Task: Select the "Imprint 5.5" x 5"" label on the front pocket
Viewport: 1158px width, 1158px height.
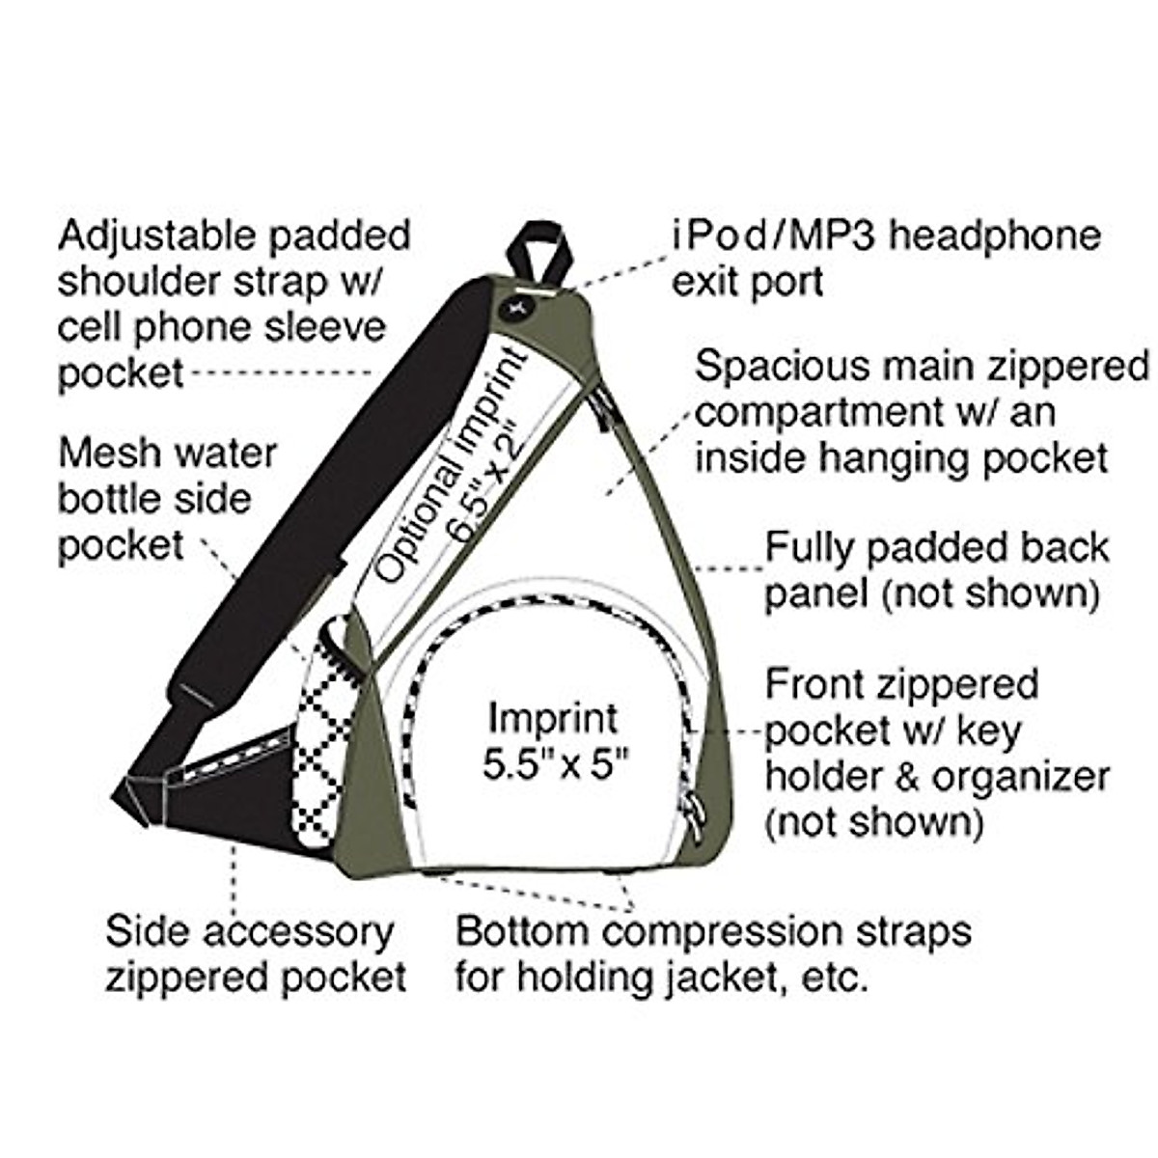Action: coord(553,741)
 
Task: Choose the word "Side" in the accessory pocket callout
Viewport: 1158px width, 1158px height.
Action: coord(145,933)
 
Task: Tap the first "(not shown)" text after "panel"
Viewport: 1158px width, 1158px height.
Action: coord(990,593)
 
